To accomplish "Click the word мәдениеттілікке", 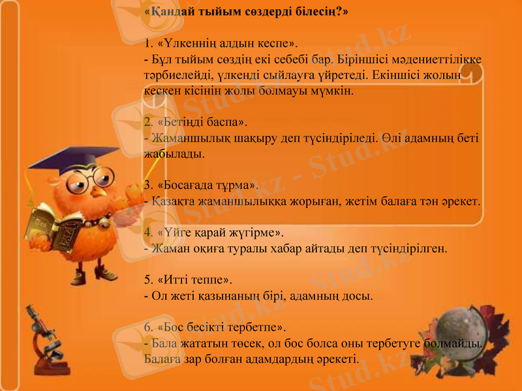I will tap(445, 60).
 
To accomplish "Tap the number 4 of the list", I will tap(147, 232).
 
